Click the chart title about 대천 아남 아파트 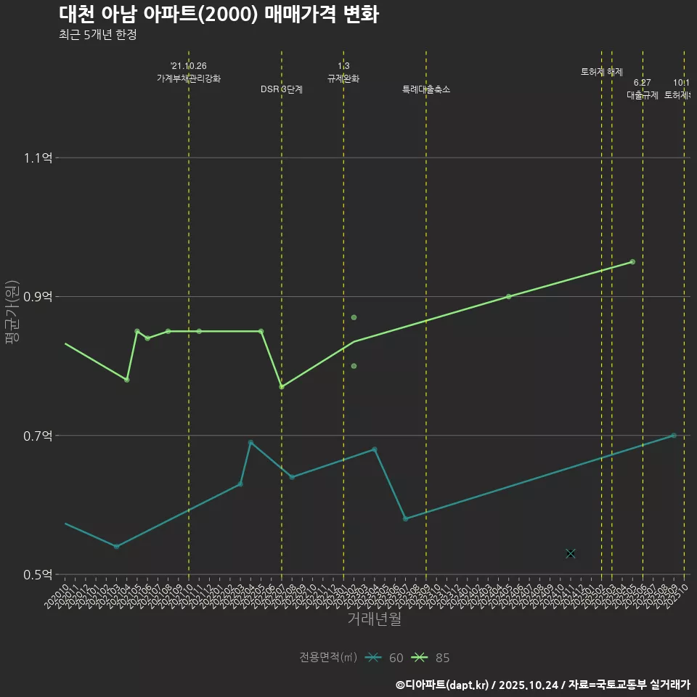pyautogui.click(x=218, y=15)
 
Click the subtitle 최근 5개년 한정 pyautogui.click(x=97, y=35)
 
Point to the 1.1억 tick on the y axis pyautogui.click(x=38, y=158)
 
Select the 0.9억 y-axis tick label pyautogui.click(x=38, y=296)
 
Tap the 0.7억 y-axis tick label pyautogui.click(x=38, y=436)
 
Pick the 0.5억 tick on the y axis pyautogui.click(x=38, y=574)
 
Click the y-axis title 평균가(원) pyautogui.click(x=12, y=312)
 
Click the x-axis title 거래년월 pyautogui.click(x=374, y=619)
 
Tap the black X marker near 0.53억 pyautogui.click(x=571, y=553)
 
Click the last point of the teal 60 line pyautogui.click(x=674, y=435)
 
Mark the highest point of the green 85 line pyautogui.click(x=632, y=261)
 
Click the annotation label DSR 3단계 pyautogui.click(x=282, y=89)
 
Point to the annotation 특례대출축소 pyautogui.click(x=426, y=89)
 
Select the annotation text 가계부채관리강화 pyautogui.click(x=189, y=78)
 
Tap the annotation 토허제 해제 pyautogui.click(x=602, y=72)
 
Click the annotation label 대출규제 pyautogui.click(x=643, y=95)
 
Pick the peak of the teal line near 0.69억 pyautogui.click(x=250, y=442)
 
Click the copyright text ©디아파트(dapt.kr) pyautogui.click(x=444, y=684)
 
